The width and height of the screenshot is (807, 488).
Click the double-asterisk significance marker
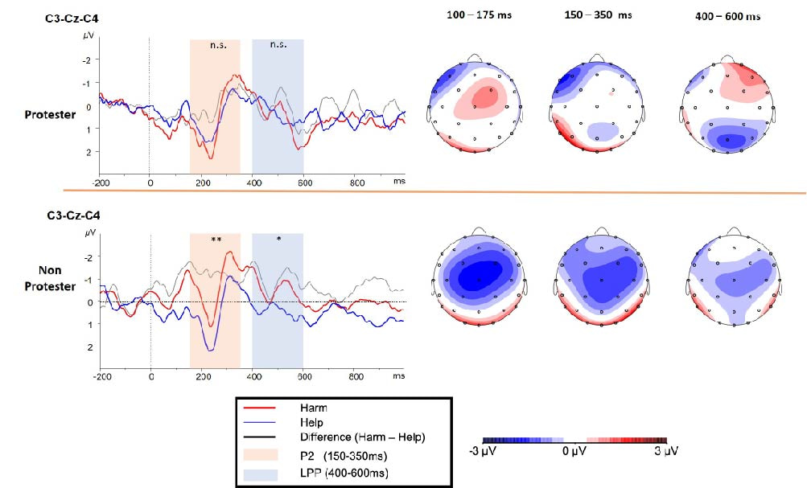click(x=216, y=240)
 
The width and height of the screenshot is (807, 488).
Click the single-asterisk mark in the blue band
click(x=279, y=240)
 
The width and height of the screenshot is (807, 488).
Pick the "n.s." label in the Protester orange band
click(x=216, y=47)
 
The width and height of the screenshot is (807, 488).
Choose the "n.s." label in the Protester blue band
click(x=278, y=47)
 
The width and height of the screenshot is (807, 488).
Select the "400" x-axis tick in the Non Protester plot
click(x=254, y=376)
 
